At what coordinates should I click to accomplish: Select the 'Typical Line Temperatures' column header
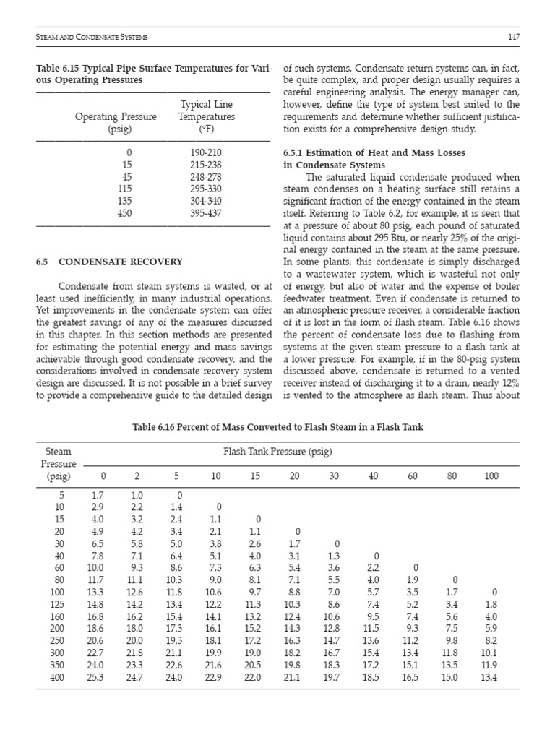(x=207, y=117)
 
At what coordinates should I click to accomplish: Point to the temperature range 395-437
(x=206, y=213)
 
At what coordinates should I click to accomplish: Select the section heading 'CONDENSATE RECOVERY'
(x=120, y=262)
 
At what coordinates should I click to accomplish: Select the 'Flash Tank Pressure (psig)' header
(x=277, y=453)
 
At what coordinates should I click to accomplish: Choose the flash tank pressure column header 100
(x=491, y=476)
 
